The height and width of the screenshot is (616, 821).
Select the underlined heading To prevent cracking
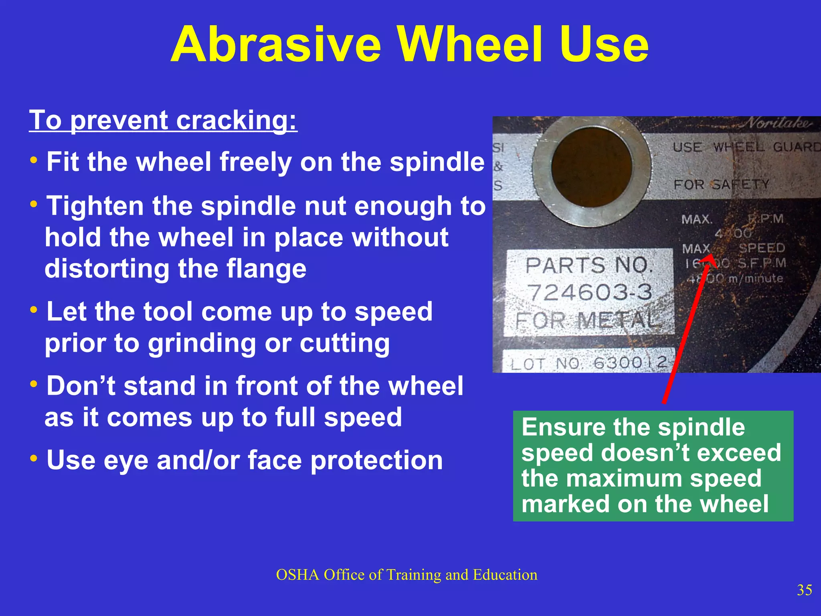[163, 120]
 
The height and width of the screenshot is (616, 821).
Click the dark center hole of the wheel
[591, 166]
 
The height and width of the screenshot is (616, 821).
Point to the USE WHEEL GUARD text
[746, 147]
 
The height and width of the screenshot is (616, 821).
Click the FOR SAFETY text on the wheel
[722, 184]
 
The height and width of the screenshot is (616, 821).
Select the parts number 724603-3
[589, 292]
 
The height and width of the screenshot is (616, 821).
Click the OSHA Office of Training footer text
[406, 575]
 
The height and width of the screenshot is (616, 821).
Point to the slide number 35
[804, 590]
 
